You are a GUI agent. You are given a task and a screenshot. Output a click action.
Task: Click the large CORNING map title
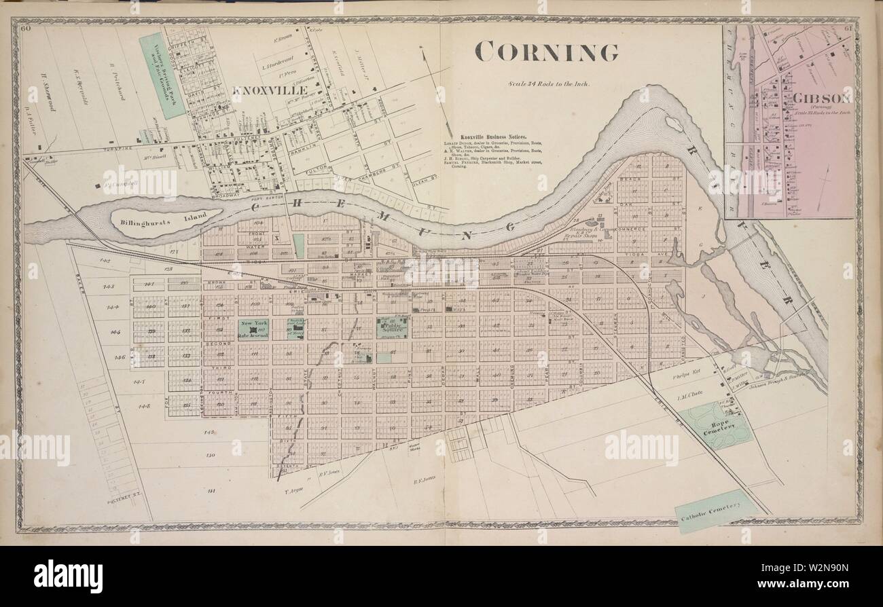point(546,52)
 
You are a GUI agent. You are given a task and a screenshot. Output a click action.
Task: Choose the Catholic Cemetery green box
point(716,511)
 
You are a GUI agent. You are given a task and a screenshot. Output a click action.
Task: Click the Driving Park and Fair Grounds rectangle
point(162,75)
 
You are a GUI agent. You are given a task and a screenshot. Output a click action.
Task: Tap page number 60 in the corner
point(27,29)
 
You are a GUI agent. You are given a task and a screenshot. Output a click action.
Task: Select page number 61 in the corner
point(848,29)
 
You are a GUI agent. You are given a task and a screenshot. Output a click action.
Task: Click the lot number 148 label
point(143,406)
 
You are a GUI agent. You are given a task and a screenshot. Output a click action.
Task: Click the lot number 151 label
point(211,490)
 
